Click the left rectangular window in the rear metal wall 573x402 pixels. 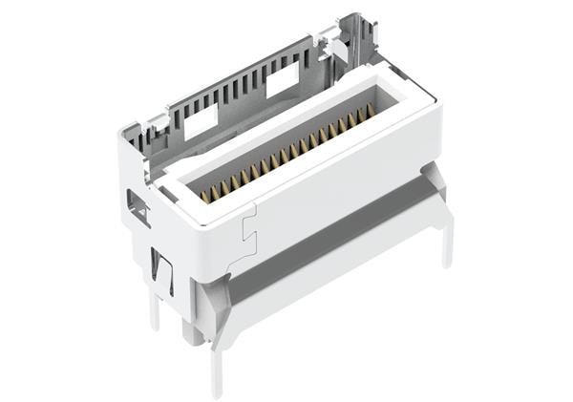[x=201, y=121]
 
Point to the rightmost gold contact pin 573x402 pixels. [x=371, y=110]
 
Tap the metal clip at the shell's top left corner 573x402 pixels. [x=134, y=134]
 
